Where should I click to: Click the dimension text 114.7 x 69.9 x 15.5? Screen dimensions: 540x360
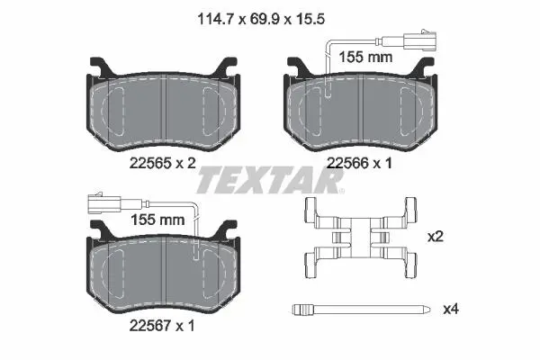tap(261, 19)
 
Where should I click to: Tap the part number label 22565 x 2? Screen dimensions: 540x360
tap(163, 163)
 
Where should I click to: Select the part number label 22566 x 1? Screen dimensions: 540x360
tap(359, 163)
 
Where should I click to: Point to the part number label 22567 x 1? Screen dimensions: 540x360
tap(162, 325)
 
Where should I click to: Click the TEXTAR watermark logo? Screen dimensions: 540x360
tap(270, 180)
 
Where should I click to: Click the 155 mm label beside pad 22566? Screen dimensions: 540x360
tap(365, 58)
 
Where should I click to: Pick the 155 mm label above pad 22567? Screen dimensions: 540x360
tap(157, 220)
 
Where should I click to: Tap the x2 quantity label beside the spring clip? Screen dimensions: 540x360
tap(435, 237)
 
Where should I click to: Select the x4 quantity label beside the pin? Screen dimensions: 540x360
tap(451, 309)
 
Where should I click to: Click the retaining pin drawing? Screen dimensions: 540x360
tap(361, 309)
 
